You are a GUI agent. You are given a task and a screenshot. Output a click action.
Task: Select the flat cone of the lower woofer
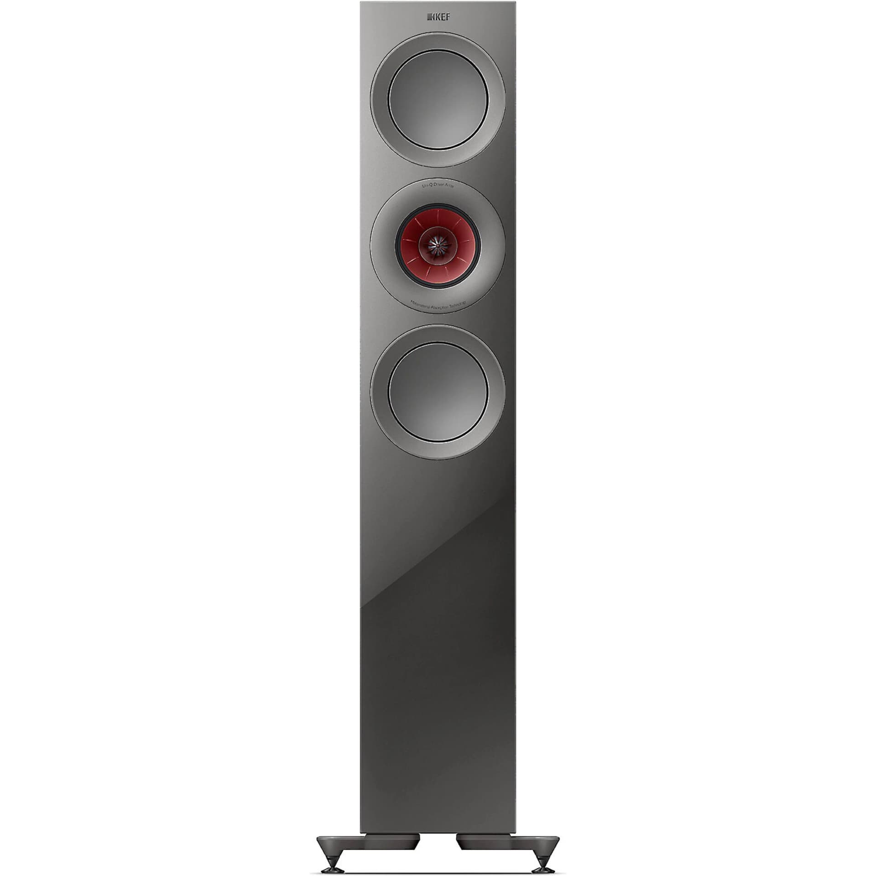(x=438, y=393)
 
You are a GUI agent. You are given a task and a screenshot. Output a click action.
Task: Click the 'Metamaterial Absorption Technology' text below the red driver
(x=438, y=304)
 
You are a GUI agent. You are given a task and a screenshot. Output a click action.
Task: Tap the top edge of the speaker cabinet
(x=438, y=3)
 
